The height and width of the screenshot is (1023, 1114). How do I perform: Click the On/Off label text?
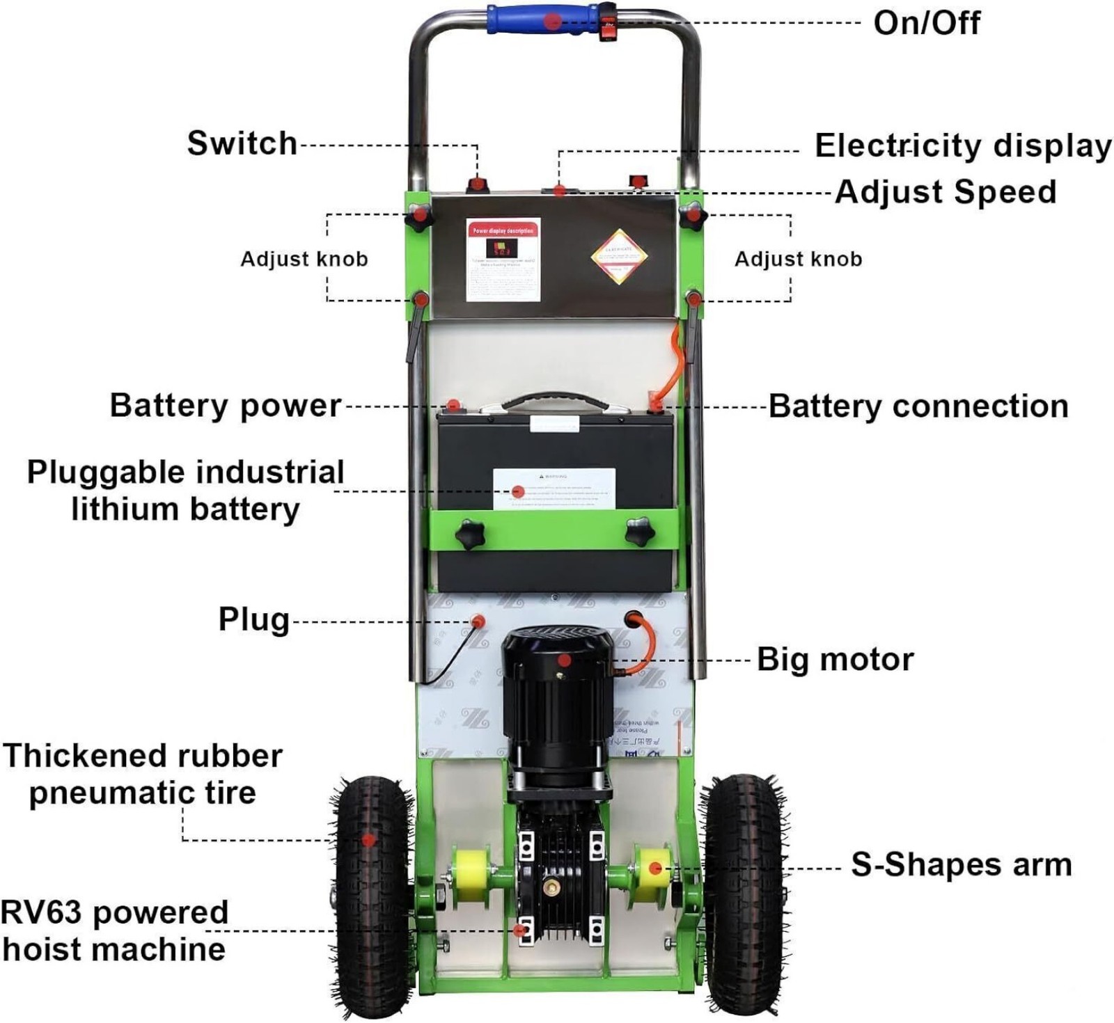click(926, 23)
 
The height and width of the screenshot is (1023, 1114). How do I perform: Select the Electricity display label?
click(963, 146)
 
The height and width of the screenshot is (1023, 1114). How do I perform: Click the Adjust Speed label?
click(946, 191)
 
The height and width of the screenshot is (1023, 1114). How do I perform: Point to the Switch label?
click(242, 143)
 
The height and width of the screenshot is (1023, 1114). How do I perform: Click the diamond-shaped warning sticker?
click(619, 256)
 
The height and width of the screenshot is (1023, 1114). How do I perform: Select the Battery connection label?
click(918, 406)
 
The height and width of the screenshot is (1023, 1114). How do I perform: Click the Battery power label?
click(225, 405)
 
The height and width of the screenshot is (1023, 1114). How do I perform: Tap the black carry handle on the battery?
click(556, 399)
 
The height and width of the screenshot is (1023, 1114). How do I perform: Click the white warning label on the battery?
click(554, 489)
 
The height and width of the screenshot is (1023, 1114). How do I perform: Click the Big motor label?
click(835, 659)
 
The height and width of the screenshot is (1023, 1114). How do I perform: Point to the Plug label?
click(253, 619)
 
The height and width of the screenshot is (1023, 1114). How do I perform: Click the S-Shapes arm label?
click(961, 864)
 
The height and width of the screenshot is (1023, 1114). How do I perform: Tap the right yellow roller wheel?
click(654, 869)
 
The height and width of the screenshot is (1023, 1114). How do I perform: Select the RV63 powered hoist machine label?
click(113, 930)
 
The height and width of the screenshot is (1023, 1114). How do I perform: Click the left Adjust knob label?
click(304, 259)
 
